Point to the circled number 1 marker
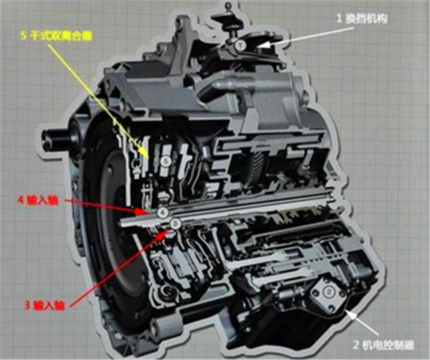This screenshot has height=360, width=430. (x=240, y=44)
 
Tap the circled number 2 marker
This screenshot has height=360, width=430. (x=329, y=292)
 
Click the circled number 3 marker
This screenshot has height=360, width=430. (x=175, y=224)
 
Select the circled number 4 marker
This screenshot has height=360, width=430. (x=163, y=212)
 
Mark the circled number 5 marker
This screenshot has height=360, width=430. (x=165, y=162)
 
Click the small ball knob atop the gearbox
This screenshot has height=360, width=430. (x=229, y=7)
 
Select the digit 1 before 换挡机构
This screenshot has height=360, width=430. (x=340, y=18)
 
